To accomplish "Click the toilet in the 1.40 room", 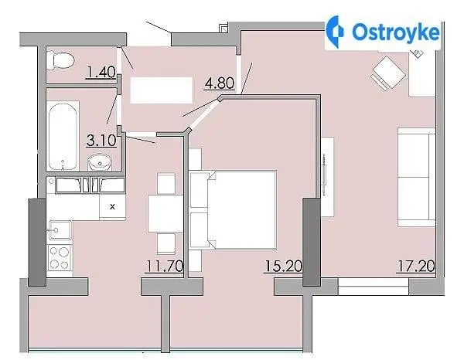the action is pyautogui.click(x=61, y=60).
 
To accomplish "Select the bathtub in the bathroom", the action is pyautogui.click(x=63, y=136).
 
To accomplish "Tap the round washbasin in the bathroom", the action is pyautogui.click(x=100, y=162).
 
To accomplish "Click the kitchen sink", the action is pyautogui.click(x=60, y=230).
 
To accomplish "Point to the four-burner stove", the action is pyautogui.click(x=60, y=258).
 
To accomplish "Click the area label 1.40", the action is pyautogui.click(x=101, y=72).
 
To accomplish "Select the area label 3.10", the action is pyautogui.click(x=101, y=140).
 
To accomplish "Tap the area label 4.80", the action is pyautogui.click(x=220, y=83).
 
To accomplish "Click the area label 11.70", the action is pyautogui.click(x=165, y=267).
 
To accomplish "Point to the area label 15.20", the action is pyautogui.click(x=284, y=267).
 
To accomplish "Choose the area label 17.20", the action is pyautogui.click(x=415, y=267).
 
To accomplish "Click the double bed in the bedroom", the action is pyautogui.click(x=233, y=210).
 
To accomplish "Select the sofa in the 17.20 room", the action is pyautogui.click(x=416, y=178).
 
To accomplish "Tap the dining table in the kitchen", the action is pyautogui.click(x=165, y=213).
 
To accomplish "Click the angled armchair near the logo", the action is pyautogui.click(x=388, y=73).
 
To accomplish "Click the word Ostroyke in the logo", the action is pyautogui.click(x=396, y=32).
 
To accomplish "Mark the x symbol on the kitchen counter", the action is pyautogui.click(x=112, y=207).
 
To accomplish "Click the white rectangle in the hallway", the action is pyautogui.click(x=162, y=90).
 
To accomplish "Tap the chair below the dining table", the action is pyautogui.click(x=166, y=243).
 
